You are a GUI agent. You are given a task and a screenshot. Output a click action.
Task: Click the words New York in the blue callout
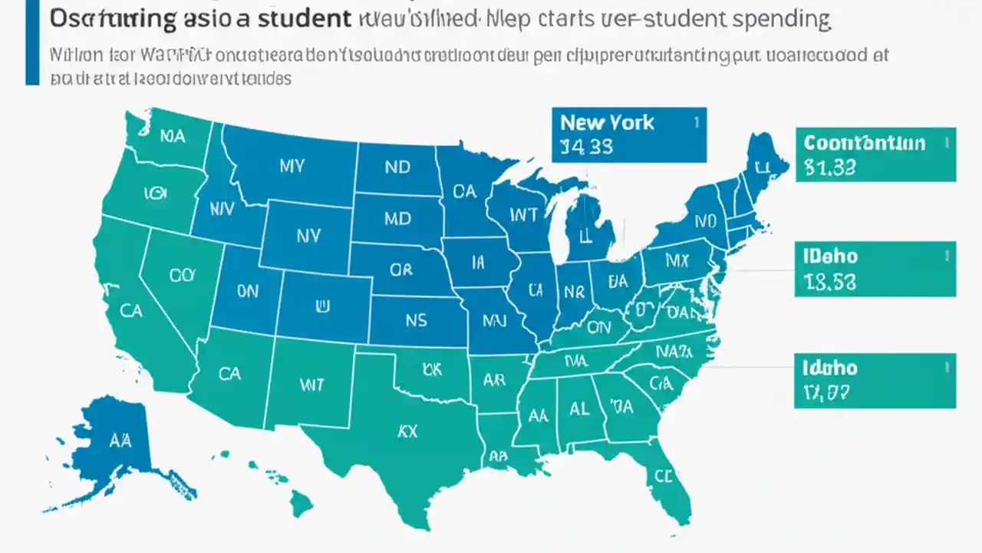[x=606, y=122]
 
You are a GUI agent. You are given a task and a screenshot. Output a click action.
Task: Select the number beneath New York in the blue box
[x=586, y=147]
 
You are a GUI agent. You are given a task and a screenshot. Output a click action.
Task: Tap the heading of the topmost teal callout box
[x=864, y=143]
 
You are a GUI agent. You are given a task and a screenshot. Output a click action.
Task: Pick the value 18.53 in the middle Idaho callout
[x=830, y=282]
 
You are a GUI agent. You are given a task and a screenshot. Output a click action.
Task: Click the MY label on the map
[x=292, y=166]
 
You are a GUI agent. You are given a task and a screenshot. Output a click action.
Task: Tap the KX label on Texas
[x=407, y=432]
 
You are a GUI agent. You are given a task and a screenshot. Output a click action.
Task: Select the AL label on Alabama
[x=579, y=409]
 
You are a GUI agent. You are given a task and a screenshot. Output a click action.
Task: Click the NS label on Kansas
[x=415, y=321]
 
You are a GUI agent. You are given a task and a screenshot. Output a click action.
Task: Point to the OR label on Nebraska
[x=400, y=270]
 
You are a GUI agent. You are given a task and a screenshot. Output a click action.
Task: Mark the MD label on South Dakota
[x=397, y=218]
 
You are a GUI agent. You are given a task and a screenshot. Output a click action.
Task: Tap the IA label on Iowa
[x=478, y=263]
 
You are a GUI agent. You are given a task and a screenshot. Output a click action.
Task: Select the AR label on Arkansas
[x=493, y=380]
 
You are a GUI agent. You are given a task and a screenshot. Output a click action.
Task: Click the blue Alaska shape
[x=115, y=442]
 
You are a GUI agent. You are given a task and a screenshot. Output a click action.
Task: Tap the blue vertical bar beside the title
[x=31, y=42]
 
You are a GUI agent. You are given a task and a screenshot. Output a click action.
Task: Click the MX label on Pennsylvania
[x=676, y=261]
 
